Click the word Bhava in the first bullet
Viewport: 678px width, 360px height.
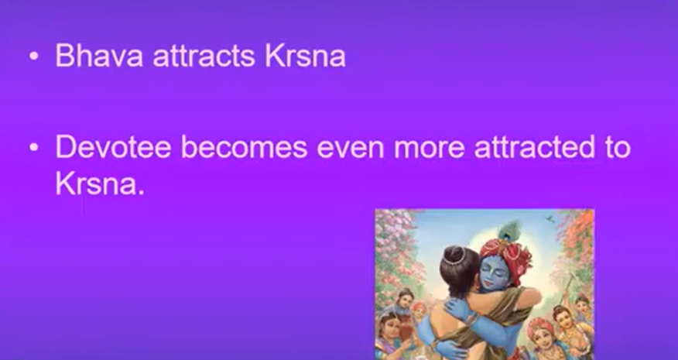[99, 56]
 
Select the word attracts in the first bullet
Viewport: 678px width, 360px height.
[204, 57]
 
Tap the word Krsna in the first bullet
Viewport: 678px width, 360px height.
[305, 56]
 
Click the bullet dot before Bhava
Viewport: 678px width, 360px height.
[34, 57]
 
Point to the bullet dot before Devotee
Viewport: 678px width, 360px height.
[34, 147]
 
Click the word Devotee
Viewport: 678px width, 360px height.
[113, 146]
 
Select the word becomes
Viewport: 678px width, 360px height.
[245, 146]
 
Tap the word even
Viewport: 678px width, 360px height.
[351, 148]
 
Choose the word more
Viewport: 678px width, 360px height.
[430, 148]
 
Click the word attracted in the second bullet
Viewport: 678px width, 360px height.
[535, 147]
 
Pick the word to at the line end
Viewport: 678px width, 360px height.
[618, 147]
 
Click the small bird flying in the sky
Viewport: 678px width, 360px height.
[550, 219]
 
